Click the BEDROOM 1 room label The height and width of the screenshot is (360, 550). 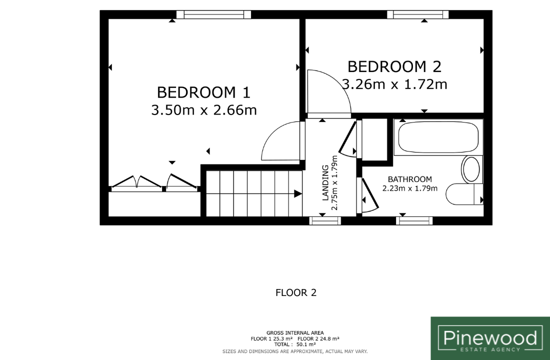click(x=203, y=92)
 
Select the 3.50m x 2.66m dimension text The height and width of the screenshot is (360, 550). click(x=204, y=110)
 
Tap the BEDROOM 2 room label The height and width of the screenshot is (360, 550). click(x=394, y=66)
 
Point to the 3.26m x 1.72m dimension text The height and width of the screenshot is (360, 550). click(x=394, y=84)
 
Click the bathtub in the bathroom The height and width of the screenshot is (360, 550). click(x=438, y=137)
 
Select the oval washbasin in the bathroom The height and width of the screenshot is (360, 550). click(x=471, y=169)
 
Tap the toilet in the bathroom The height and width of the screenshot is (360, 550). click(x=464, y=194)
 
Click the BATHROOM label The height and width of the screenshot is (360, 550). click(x=409, y=179)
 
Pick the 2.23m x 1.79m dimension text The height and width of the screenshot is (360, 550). click(x=409, y=188)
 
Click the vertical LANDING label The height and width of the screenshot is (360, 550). click(x=325, y=182)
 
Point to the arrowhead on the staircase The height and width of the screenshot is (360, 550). click(x=298, y=193)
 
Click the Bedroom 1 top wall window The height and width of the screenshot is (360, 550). click(x=213, y=14)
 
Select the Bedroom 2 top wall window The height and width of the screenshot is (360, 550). click(x=418, y=14)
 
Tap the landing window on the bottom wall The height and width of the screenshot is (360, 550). click(x=325, y=220)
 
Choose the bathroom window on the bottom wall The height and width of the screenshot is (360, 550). click(x=414, y=220)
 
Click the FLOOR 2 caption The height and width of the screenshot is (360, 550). click(x=296, y=292)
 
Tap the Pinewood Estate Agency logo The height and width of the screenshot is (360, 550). click(x=490, y=338)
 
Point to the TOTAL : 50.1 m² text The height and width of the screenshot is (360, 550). click(x=294, y=344)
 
